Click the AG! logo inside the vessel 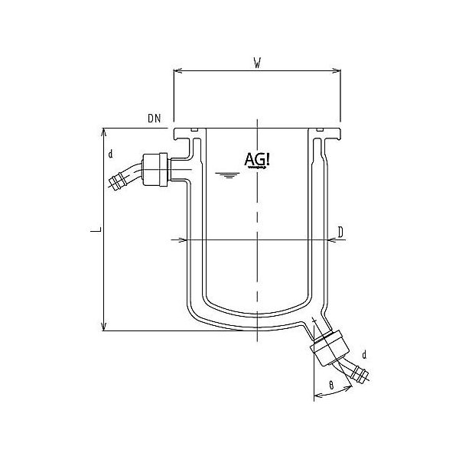255,159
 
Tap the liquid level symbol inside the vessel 225,176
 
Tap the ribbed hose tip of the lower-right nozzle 360,375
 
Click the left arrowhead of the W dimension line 177,71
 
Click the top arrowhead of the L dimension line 104,132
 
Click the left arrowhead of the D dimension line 181,240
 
